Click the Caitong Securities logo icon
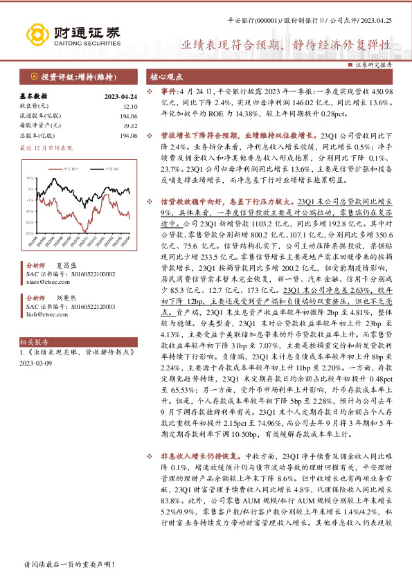(x=37, y=33)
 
